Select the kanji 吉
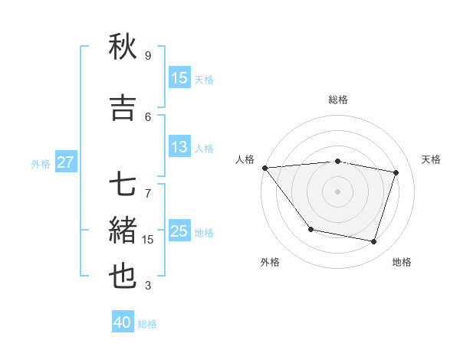pyautogui.click(x=123, y=108)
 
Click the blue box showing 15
pyautogui.click(x=179, y=78)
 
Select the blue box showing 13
pyautogui.click(x=179, y=147)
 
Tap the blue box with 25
pyautogui.click(x=179, y=231)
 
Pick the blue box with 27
pyautogui.click(x=65, y=162)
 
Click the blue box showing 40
pyautogui.click(x=123, y=322)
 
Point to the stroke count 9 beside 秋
pyautogui.click(x=148, y=56)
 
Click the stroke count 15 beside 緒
pyautogui.click(x=148, y=240)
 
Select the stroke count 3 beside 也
pyautogui.click(x=148, y=286)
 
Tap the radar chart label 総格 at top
pyautogui.click(x=337, y=100)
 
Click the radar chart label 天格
pyautogui.click(x=431, y=159)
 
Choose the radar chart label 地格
pyautogui.click(x=402, y=262)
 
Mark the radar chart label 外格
pyautogui.click(x=270, y=262)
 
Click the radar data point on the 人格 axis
pyautogui.click(x=264, y=168)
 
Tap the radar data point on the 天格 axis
pyautogui.click(x=396, y=172)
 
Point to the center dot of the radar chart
pyautogui.click(x=337, y=191)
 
